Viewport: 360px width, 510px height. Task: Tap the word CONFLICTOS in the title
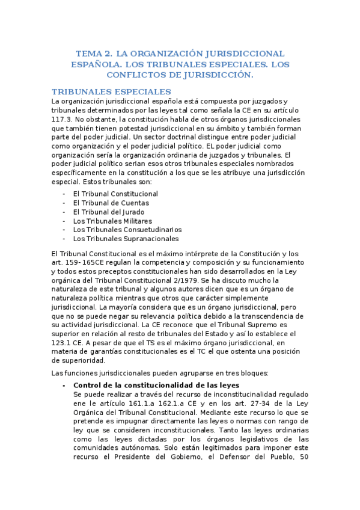(137, 75)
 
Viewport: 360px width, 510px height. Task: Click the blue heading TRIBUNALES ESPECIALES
(112, 91)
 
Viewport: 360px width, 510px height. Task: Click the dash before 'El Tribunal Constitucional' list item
(64, 194)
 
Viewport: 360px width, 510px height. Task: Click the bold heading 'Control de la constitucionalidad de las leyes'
(156, 385)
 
